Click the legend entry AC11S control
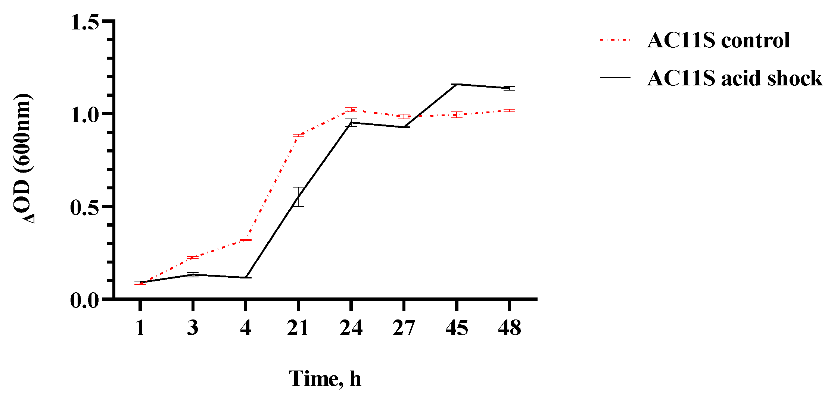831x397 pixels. (x=718, y=40)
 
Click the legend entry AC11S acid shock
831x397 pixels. (x=734, y=78)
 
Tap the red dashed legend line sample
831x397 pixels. (x=615, y=40)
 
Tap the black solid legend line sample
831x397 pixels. (x=615, y=78)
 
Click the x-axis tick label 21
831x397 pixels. (x=298, y=328)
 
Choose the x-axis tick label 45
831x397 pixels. (x=456, y=328)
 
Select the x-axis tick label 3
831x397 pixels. (x=193, y=328)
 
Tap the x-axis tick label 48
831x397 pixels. (x=509, y=328)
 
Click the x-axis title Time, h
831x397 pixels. (x=325, y=379)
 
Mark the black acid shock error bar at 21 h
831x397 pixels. (x=298, y=197)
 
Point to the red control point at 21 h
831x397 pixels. (x=298, y=135)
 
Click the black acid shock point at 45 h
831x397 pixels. (x=457, y=84)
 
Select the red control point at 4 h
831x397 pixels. (x=246, y=240)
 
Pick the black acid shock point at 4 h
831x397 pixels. (x=246, y=277)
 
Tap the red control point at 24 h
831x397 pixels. (x=351, y=110)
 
